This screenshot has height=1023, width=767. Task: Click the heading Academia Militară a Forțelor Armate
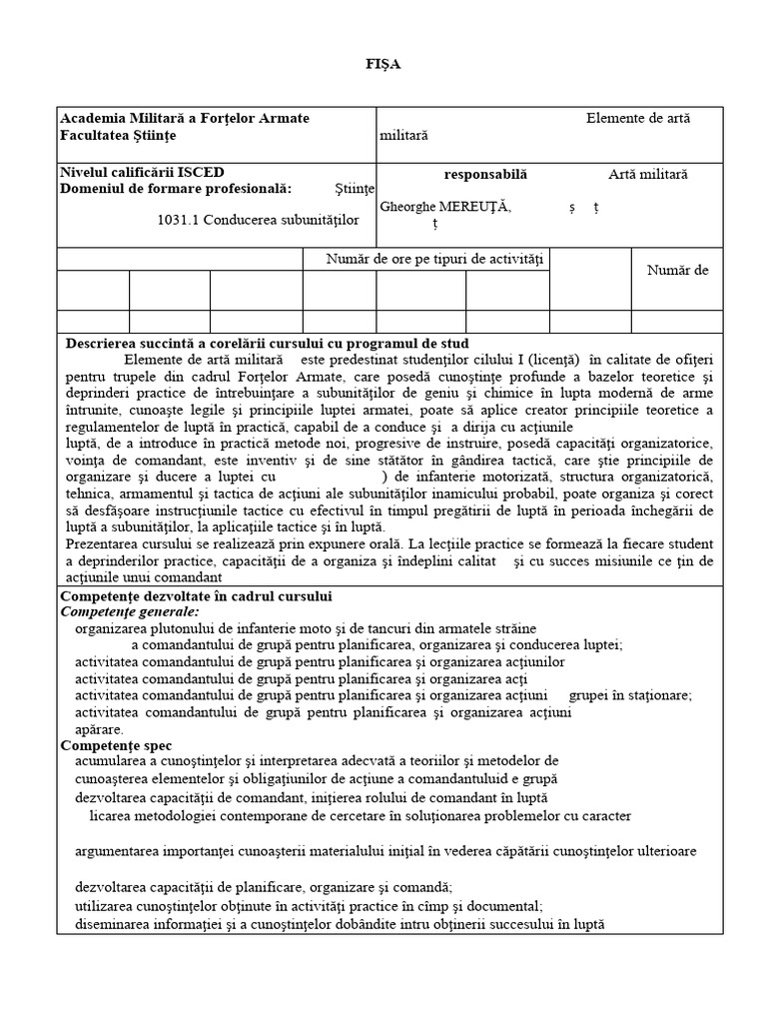point(185,118)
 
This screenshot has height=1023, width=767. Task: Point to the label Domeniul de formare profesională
point(176,188)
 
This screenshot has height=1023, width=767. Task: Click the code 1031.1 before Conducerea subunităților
point(178,220)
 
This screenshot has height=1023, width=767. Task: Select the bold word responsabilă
point(485,174)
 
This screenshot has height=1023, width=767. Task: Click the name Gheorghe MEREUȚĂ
point(445,206)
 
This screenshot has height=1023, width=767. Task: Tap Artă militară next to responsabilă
point(648,174)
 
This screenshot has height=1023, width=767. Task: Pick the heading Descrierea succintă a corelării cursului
point(253,343)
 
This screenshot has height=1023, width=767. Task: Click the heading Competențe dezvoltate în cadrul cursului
point(197,596)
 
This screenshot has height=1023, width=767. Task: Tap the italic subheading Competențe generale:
point(130,611)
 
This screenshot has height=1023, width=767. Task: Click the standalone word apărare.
point(99,729)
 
